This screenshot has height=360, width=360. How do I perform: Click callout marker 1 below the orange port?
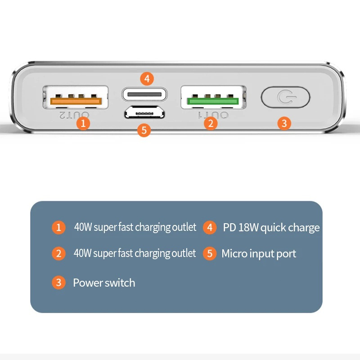[x=83, y=123]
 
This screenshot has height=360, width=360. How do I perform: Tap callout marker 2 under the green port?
[x=211, y=122]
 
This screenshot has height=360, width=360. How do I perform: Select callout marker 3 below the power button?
[x=283, y=122]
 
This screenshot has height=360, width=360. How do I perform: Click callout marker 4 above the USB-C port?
[x=147, y=79]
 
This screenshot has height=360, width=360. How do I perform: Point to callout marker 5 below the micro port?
[x=144, y=130]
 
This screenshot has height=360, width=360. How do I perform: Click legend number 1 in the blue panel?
[x=58, y=227]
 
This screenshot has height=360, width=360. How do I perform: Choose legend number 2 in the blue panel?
[x=58, y=253]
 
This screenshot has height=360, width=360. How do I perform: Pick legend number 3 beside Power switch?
[x=58, y=283]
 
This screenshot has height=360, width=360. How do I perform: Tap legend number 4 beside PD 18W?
[x=209, y=227]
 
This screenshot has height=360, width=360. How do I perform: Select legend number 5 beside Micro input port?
[x=209, y=253]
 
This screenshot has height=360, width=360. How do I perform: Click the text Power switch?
[x=104, y=283]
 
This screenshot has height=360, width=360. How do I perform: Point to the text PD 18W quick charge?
[x=271, y=227]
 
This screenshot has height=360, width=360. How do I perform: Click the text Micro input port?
[x=259, y=253]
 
